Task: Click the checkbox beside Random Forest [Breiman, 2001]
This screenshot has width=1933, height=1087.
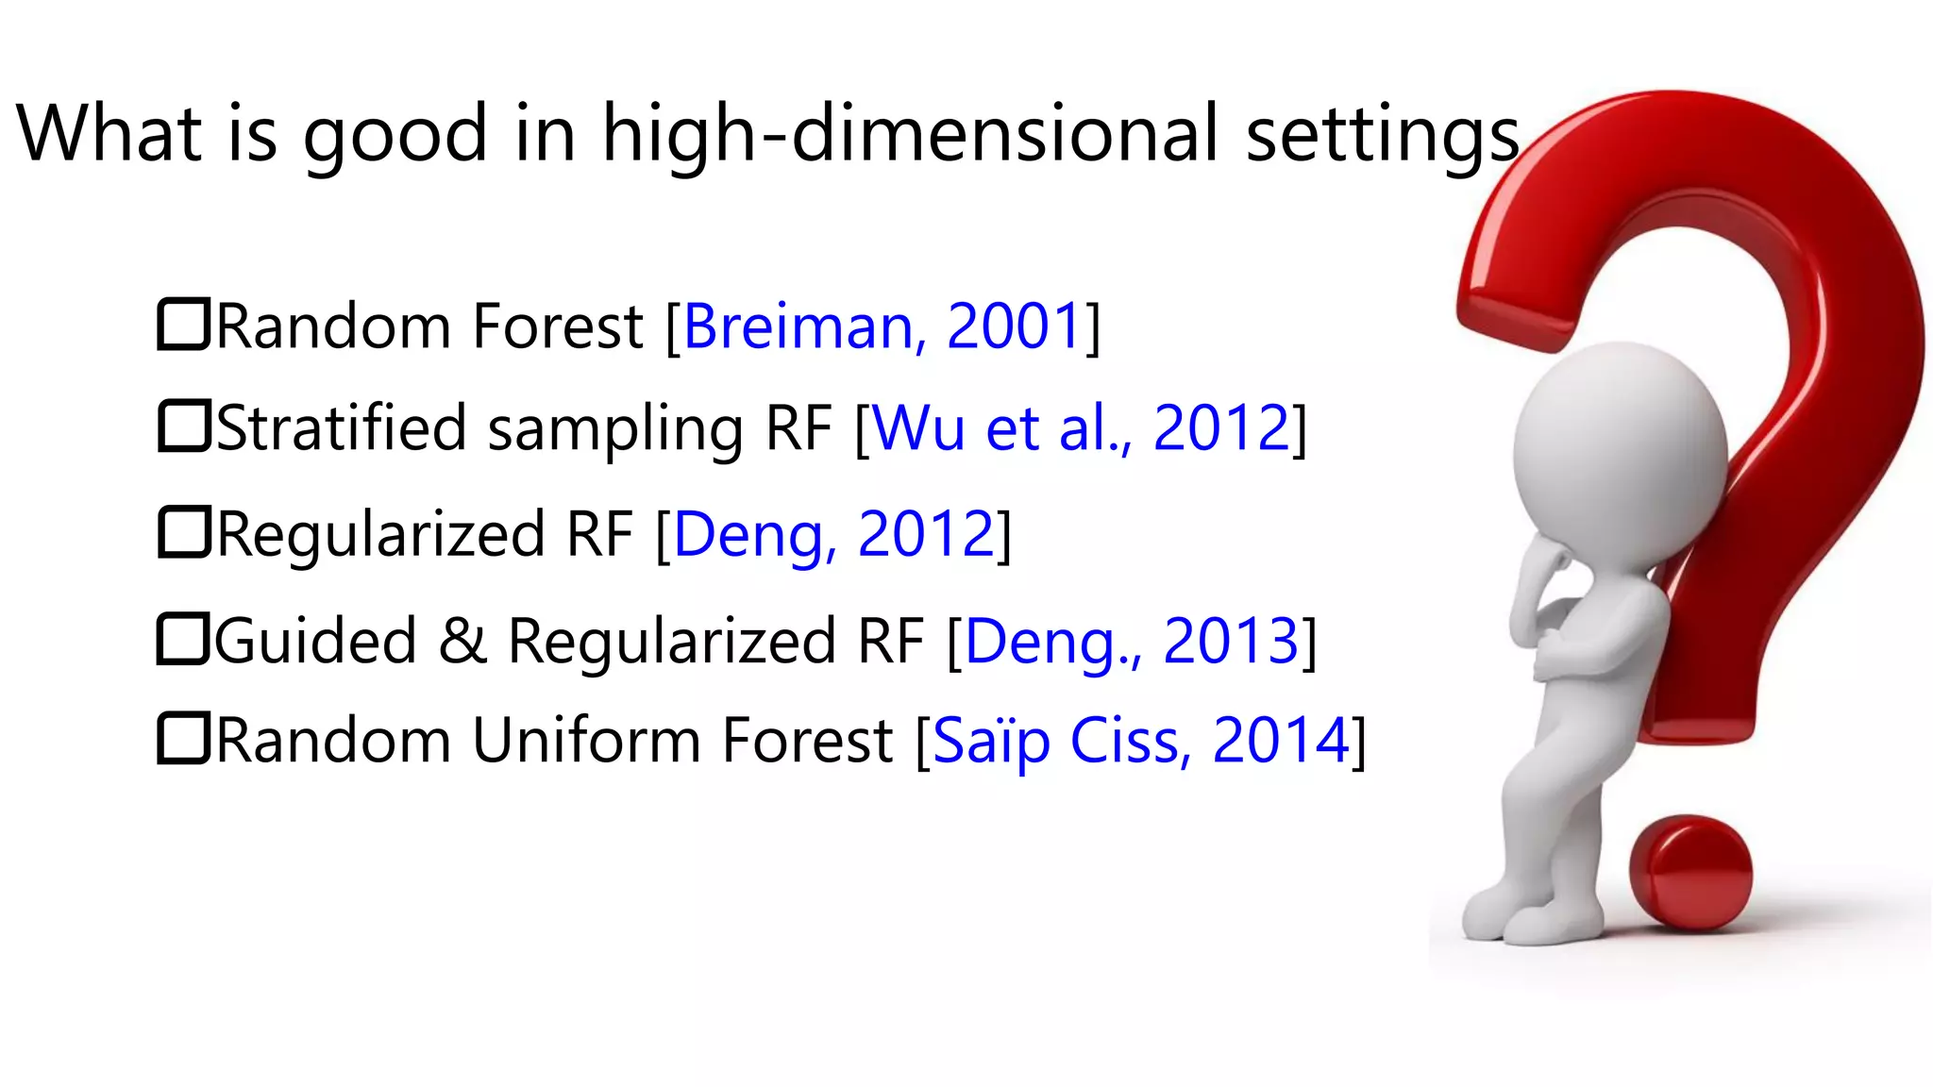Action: (182, 325)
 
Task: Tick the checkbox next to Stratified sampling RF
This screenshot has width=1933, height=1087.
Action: (182, 426)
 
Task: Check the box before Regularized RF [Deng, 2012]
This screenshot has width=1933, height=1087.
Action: (182, 533)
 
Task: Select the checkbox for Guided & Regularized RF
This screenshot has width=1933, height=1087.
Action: (182, 639)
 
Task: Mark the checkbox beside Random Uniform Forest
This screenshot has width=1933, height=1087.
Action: (182, 739)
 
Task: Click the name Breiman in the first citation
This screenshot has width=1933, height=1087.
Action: (798, 326)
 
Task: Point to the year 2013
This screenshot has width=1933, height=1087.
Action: (1231, 641)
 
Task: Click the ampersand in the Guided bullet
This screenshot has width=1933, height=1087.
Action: (462, 641)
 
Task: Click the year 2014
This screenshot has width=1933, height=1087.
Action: (1281, 741)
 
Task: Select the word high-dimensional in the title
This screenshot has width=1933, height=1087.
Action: (910, 134)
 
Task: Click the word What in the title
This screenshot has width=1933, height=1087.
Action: (109, 134)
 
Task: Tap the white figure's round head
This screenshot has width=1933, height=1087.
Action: (1620, 449)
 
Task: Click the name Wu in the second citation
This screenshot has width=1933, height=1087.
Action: (919, 428)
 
